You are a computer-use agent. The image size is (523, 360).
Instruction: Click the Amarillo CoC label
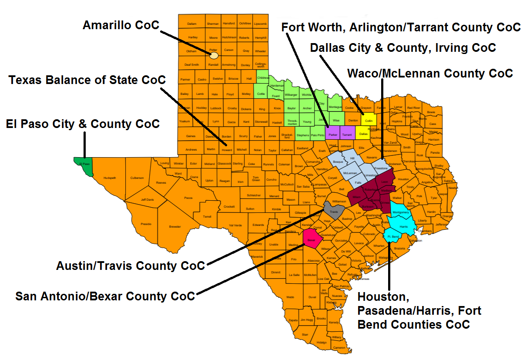[121, 25]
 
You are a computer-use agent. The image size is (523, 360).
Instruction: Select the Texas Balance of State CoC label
[87, 80]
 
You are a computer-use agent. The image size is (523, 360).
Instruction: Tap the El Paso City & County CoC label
[83, 124]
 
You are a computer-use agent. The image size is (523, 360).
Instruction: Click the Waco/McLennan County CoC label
[430, 73]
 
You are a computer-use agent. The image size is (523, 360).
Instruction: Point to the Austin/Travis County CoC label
[130, 266]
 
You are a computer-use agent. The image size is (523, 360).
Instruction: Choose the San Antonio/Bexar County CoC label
[105, 296]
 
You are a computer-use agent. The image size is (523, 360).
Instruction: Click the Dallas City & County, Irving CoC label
[403, 47]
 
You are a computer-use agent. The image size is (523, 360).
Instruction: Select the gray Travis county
[333, 212]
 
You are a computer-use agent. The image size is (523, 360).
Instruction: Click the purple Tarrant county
[347, 133]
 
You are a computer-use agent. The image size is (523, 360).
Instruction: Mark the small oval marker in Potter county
[214, 55]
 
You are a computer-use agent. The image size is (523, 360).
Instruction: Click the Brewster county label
[175, 226]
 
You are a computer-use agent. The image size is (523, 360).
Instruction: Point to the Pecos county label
[188, 198]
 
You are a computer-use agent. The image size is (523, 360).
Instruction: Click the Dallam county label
[192, 24]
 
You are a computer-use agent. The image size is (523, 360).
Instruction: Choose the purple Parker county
[333, 133]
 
